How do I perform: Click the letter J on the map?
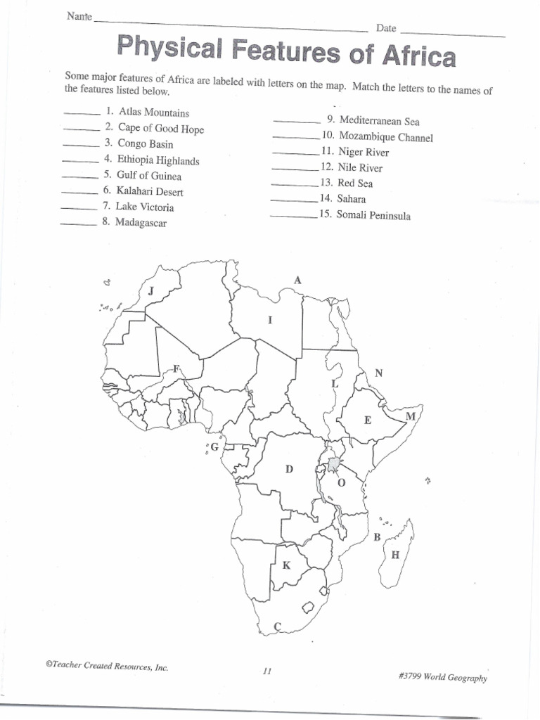[x=150, y=290]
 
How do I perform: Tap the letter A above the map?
[x=297, y=280]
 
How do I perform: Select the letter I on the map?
[x=269, y=320]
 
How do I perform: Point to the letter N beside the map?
[x=378, y=373]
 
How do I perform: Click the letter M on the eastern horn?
[x=411, y=416]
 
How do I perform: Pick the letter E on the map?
[x=367, y=420]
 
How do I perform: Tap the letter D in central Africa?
[x=288, y=469]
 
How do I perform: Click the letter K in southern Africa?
[x=286, y=565]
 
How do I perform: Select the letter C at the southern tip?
[x=277, y=626]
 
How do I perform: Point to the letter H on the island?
[x=395, y=555]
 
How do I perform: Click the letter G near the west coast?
[x=214, y=446]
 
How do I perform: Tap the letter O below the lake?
[x=342, y=482]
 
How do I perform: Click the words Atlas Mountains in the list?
[x=154, y=112]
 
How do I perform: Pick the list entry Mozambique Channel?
[x=385, y=137]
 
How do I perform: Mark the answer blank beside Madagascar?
[x=78, y=224]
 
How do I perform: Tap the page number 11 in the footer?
[x=267, y=671]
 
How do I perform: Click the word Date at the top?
[x=386, y=29]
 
